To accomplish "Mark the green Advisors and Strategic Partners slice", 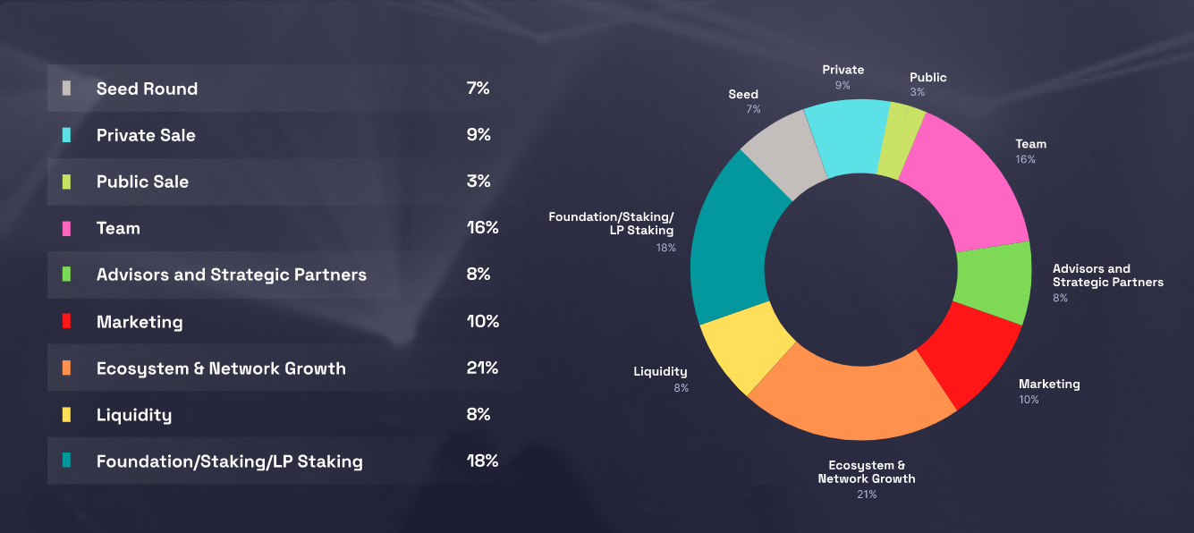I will click(993, 282).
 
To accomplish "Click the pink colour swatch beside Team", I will click(66, 228).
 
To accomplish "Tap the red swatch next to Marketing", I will click(66, 322).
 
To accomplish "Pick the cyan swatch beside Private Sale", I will click(66, 135).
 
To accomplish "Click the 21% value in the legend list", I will click(482, 368).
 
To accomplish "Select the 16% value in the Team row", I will click(482, 227).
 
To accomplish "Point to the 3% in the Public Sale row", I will click(478, 181).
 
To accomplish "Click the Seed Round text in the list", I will click(147, 89).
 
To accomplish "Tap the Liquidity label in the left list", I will click(134, 415).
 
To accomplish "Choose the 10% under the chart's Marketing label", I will click(1029, 400).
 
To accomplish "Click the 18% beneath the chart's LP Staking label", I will click(665, 248).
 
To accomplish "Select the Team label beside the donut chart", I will click(1030, 144).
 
